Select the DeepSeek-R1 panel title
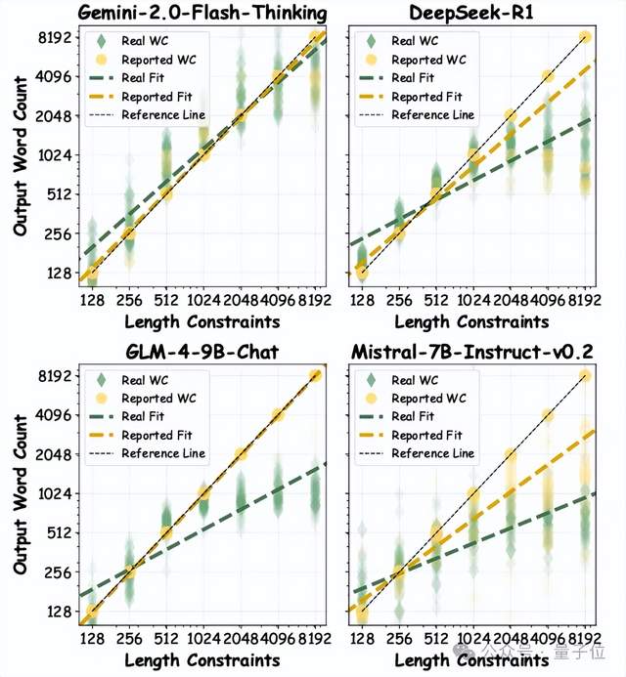click(472, 14)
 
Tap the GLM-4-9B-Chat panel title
click(202, 354)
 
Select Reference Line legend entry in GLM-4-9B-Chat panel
click(162, 453)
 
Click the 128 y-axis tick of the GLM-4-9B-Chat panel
click(62, 612)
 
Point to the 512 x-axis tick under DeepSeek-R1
click(436, 301)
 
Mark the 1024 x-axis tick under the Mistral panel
click(473, 641)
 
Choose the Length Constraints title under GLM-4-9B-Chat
click(202, 660)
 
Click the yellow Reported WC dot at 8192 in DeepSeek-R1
click(586, 37)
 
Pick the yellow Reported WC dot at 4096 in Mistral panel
click(548, 415)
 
